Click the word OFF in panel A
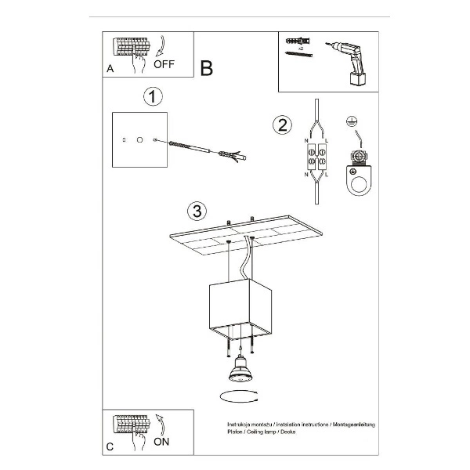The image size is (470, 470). coord(164,64)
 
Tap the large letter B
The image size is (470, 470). coord(206,69)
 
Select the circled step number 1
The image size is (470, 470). coord(153,96)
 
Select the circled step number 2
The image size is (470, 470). coord(282,125)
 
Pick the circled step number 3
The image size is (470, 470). coord(197,211)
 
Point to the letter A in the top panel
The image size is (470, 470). coord(110,69)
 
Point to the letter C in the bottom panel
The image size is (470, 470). coord(110,446)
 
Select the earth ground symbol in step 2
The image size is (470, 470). coord(352,122)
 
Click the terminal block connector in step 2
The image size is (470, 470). coord(315,154)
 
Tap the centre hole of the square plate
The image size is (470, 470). coord(139,139)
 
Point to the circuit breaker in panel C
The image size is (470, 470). coord(131,425)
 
